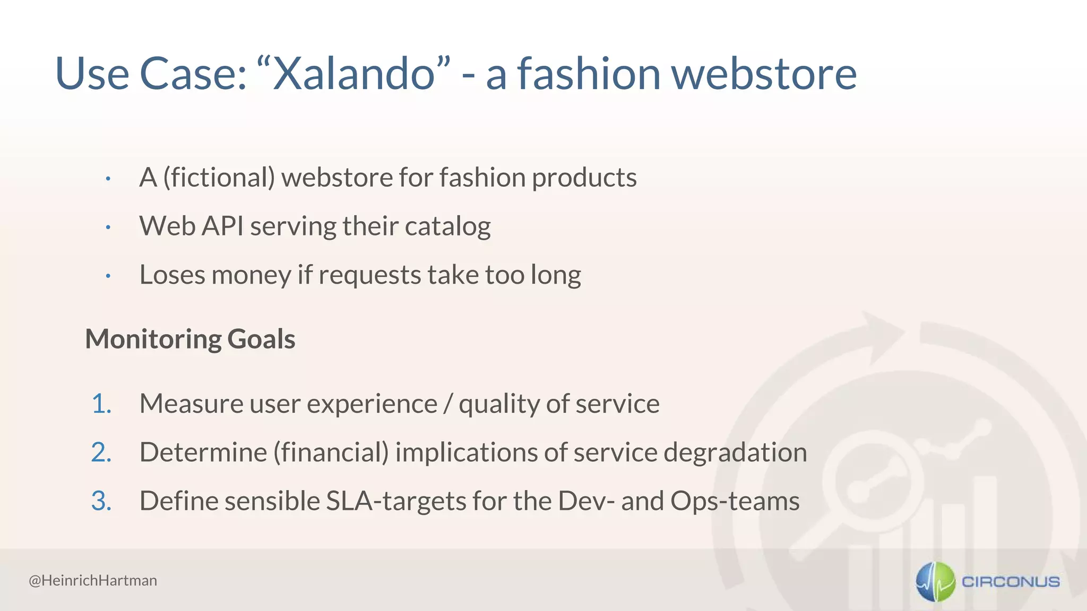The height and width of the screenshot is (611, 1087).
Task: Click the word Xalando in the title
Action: (x=353, y=74)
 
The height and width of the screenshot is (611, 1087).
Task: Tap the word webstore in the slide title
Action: (x=764, y=74)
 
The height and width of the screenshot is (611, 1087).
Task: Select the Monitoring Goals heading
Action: (x=190, y=339)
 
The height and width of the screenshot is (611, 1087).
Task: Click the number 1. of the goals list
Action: (x=101, y=404)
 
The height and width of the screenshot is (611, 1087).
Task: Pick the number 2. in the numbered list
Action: (x=101, y=452)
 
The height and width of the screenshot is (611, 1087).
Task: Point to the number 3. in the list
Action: (x=101, y=501)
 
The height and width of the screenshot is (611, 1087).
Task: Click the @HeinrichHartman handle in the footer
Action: (x=93, y=580)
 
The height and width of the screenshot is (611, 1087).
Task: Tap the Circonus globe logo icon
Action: (x=935, y=581)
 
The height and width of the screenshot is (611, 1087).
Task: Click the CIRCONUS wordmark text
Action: (x=1011, y=582)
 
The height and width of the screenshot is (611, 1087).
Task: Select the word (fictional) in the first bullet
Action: (x=219, y=177)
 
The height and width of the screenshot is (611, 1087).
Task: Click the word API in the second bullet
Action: (x=223, y=226)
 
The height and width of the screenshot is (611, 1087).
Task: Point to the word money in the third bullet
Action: (x=252, y=275)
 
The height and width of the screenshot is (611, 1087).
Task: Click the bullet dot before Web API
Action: (x=108, y=228)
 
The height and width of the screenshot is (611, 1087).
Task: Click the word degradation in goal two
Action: (x=735, y=452)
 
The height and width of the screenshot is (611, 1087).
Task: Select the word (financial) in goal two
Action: (x=331, y=452)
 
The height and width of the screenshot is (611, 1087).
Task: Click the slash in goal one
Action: (x=448, y=404)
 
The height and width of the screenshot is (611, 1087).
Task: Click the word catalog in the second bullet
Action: (x=447, y=227)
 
